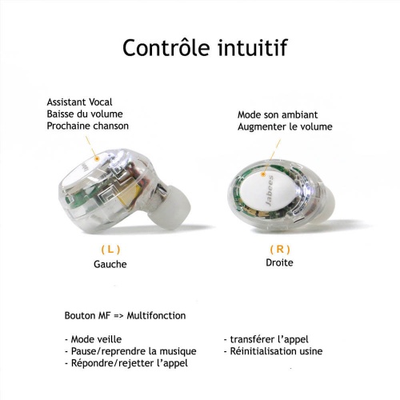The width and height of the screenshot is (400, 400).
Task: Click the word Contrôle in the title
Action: tap(166, 47)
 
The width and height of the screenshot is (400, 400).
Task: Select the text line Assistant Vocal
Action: tap(79, 102)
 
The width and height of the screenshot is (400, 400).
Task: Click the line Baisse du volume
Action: tap(85, 114)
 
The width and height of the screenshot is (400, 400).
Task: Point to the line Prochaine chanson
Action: tap(88, 126)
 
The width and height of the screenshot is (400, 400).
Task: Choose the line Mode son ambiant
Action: tap(278, 115)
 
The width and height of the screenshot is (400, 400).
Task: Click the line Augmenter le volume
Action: tap(285, 126)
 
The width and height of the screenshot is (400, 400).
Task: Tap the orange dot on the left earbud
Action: tap(97, 159)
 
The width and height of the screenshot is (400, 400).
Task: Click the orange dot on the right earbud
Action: tap(263, 174)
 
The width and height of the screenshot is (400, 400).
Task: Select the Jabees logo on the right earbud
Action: tap(270, 190)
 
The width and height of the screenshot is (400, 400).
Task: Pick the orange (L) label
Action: tap(110, 250)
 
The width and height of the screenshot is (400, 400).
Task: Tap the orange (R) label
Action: tap(280, 250)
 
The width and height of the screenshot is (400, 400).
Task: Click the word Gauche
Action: tap(110, 264)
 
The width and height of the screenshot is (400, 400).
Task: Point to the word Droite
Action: tap(279, 262)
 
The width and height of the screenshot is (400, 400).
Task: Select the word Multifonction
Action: tap(156, 316)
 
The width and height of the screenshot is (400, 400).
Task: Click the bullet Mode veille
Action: tap(93, 339)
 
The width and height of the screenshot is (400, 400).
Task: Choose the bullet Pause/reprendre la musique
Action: tap(130, 351)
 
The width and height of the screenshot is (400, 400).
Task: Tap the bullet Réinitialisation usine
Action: tap(273, 351)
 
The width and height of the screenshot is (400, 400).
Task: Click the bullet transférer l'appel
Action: tap(266, 339)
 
